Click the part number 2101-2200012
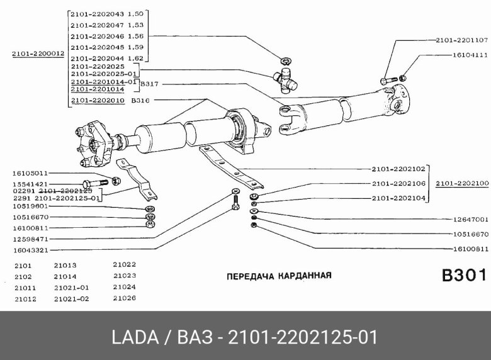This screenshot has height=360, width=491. pyautogui.click(x=38, y=54)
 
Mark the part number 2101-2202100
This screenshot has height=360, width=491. pyautogui.click(x=461, y=184)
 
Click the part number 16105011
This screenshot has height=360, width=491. pyautogui.click(x=30, y=172)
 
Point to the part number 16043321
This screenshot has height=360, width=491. pyautogui.click(x=30, y=250)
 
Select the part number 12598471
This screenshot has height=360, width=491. pyautogui.click(x=30, y=239)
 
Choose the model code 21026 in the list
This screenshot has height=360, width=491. pyautogui.click(x=124, y=298)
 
